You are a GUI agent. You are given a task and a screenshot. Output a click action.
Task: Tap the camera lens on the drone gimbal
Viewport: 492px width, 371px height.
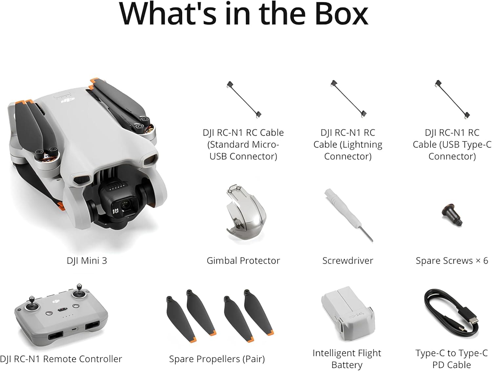click(125, 205)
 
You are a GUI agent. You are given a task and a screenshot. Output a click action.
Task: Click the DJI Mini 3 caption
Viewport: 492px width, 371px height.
click(87, 261)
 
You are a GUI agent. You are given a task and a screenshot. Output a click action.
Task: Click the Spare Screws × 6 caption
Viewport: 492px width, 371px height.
click(452, 261)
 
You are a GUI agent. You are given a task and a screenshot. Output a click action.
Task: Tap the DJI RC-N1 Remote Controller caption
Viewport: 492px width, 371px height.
click(61, 359)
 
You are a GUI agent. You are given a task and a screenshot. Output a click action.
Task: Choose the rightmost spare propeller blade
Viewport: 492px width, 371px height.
click(259, 312)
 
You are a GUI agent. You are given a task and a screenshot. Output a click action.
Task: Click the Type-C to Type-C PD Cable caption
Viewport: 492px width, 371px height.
click(452, 359)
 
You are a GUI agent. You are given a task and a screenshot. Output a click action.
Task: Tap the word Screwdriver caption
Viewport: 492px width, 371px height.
click(348, 261)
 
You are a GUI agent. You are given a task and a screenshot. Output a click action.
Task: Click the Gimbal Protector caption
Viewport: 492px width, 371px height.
click(243, 261)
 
